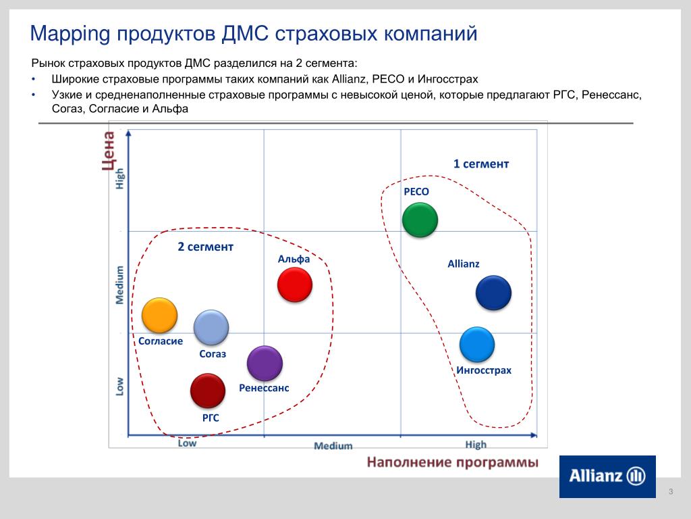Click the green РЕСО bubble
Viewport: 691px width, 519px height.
pos(420,220)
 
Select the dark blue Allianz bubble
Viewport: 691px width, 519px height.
pos(493,293)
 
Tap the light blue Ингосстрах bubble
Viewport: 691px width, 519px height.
pos(477,344)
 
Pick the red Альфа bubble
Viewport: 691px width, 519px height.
pos(295,285)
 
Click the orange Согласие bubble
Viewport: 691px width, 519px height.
pos(159,315)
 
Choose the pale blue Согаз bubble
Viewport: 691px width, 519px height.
pos(211,327)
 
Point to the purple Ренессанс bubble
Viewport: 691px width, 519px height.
pos(265,363)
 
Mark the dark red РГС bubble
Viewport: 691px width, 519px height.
pos(208,391)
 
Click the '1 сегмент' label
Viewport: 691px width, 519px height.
pos(481,164)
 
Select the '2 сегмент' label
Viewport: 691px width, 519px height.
pos(205,246)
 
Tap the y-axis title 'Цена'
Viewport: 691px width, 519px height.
pos(109,151)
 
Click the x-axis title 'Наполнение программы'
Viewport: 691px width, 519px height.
pos(453,462)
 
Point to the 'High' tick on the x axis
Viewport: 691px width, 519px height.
pos(476,445)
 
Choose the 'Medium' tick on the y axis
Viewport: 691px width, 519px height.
pos(119,285)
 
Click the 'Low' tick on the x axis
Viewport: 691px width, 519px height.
pos(187,443)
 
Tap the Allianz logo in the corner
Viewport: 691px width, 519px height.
pos(607,476)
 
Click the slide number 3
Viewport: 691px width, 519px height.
pos(671,491)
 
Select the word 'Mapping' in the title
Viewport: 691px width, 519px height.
pos(70,34)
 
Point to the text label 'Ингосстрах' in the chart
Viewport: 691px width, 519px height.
pos(484,370)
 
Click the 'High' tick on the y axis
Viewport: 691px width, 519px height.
pos(119,178)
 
